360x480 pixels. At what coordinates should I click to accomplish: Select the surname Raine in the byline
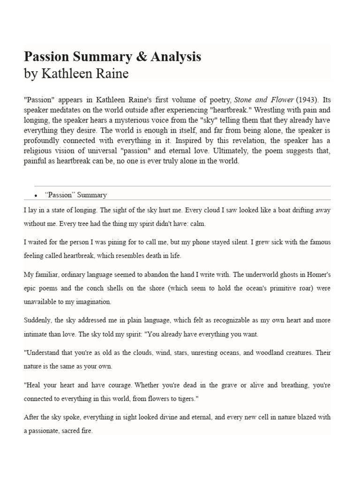point(111,74)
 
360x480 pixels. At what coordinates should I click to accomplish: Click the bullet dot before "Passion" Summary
point(36,195)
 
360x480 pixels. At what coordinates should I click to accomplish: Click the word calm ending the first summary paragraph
point(197,224)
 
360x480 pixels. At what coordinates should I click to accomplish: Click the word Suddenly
point(38,321)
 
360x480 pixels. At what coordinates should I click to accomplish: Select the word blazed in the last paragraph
point(307,417)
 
